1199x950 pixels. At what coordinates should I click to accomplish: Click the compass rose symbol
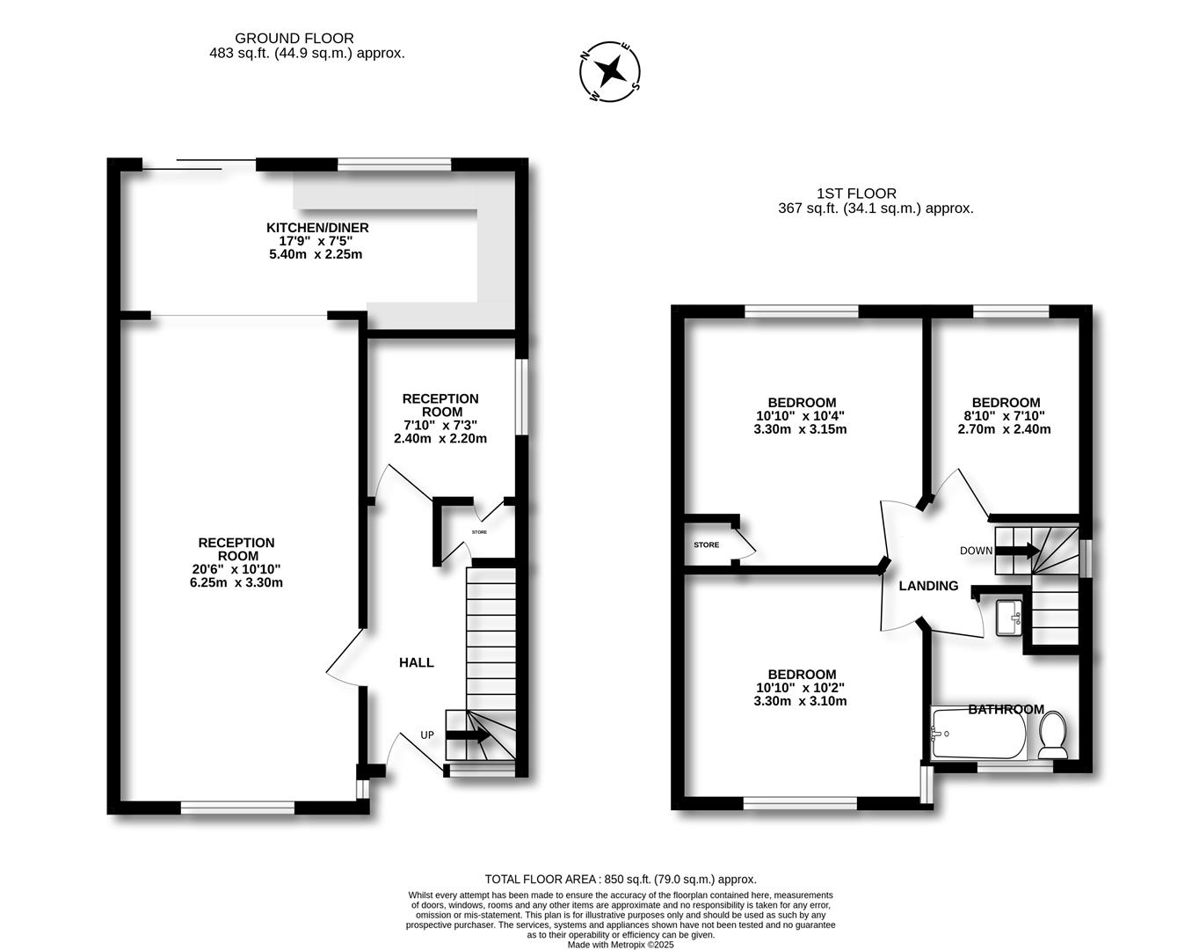pyautogui.click(x=610, y=70)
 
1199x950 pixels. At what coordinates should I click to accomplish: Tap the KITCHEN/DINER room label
pyautogui.click(x=317, y=228)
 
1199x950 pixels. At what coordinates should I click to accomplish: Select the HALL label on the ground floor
pyautogui.click(x=417, y=662)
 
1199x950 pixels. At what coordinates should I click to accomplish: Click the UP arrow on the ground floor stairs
pyautogui.click(x=469, y=735)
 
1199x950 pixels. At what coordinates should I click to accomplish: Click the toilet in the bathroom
pyautogui.click(x=1052, y=734)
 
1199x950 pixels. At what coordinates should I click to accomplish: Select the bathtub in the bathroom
pyautogui.click(x=977, y=734)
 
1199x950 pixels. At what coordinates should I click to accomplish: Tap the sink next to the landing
pyautogui.click(x=1007, y=616)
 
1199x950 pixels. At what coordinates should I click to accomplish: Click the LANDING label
pyautogui.click(x=928, y=586)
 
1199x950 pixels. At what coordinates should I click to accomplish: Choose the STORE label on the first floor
pyautogui.click(x=706, y=545)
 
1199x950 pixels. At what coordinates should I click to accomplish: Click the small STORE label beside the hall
pyautogui.click(x=479, y=533)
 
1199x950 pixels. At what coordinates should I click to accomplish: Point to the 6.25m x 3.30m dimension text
pyautogui.click(x=236, y=582)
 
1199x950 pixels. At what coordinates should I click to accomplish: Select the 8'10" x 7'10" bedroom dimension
pyautogui.click(x=1004, y=416)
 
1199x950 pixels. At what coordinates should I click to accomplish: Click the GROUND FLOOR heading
pyautogui.click(x=294, y=38)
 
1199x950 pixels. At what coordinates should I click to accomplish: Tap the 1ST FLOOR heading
pyautogui.click(x=856, y=194)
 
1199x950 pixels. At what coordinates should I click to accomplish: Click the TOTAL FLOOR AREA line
pyautogui.click(x=621, y=879)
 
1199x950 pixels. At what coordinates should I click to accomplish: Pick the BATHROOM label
pyautogui.click(x=1006, y=710)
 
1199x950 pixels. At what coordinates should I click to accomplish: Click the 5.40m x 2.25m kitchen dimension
pyautogui.click(x=316, y=254)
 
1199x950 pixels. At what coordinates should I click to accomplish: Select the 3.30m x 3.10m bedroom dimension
pyautogui.click(x=800, y=701)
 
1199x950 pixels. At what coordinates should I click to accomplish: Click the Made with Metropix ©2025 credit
pyautogui.click(x=621, y=945)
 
